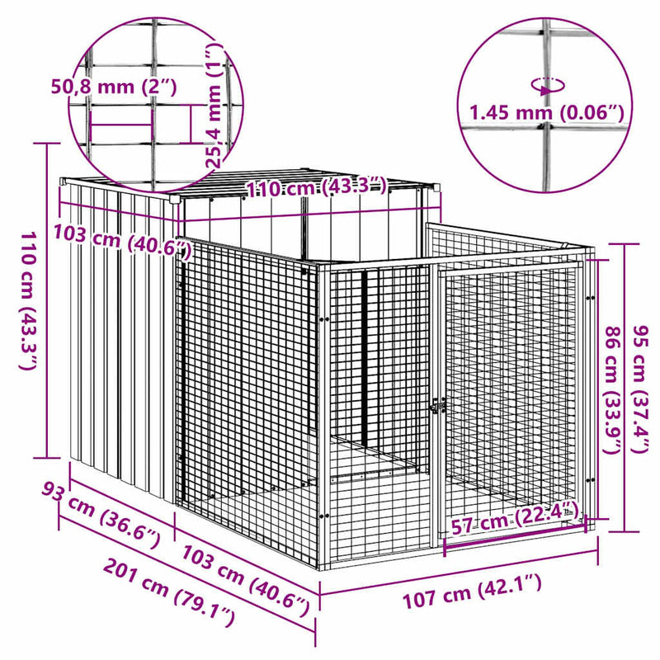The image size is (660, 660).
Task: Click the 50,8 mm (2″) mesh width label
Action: point(114,87)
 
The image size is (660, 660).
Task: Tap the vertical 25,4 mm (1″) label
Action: point(214,106)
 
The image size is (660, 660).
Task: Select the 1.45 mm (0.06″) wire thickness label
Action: point(546,112)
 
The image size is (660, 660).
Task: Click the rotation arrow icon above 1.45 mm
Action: point(548,87)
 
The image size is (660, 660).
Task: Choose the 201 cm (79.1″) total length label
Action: point(168,592)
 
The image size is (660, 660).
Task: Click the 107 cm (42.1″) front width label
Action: point(472,592)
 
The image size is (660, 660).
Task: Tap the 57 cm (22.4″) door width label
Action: point(512,520)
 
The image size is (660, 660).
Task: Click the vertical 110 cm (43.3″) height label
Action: point(30,300)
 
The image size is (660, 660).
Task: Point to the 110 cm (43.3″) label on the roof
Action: point(316,187)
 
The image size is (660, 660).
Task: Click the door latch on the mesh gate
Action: point(438,407)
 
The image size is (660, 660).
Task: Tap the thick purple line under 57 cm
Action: point(515,536)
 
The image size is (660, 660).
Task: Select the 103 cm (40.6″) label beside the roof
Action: point(122,239)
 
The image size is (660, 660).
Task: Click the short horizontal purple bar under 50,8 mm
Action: point(120,125)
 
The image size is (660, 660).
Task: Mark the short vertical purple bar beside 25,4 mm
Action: point(191,124)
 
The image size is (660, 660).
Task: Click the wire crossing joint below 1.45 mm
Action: point(547,127)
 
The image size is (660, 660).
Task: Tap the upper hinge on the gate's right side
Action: point(591,298)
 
